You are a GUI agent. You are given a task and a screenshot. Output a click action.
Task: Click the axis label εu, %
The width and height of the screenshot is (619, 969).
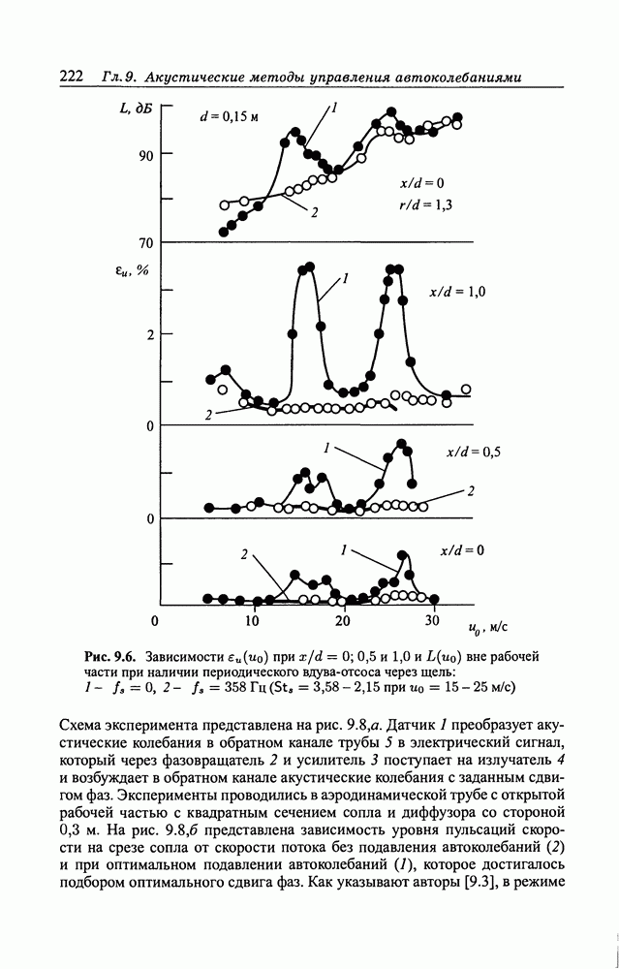coord(132,270)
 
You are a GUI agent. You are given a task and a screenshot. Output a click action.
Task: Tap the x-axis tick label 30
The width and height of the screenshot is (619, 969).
coord(432,620)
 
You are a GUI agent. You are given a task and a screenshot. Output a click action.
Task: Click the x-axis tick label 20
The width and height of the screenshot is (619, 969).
coord(342,620)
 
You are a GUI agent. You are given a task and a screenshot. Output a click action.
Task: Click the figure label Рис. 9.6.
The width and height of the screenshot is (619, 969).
coord(112,656)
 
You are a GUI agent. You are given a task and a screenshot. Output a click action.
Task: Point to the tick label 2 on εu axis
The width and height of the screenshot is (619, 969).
coord(150,335)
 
